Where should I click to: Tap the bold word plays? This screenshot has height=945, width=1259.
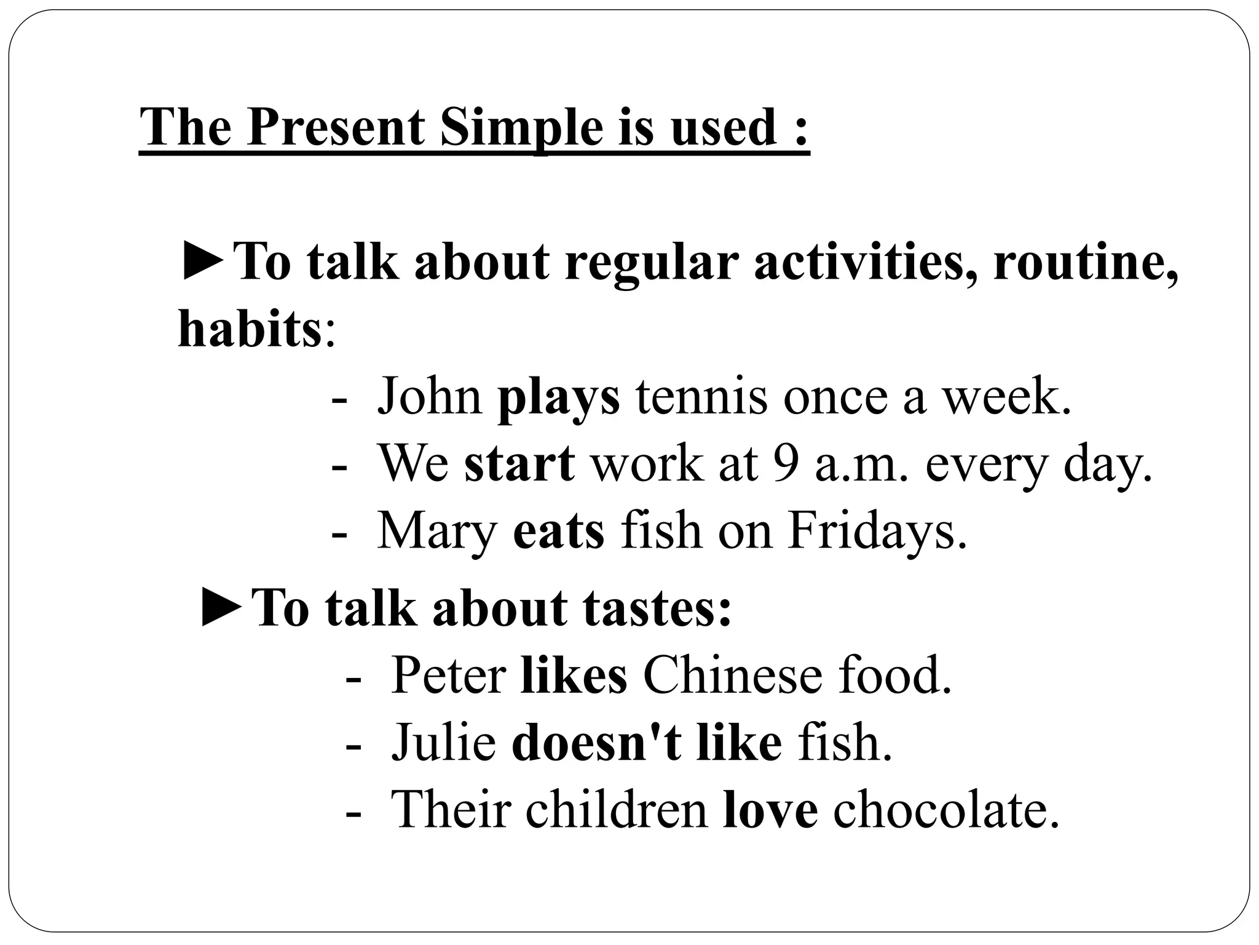point(558,397)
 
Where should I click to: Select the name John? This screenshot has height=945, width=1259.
point(430,397)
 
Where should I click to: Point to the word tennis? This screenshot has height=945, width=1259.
point(701,397)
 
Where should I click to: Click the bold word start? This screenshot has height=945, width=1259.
point(519,464)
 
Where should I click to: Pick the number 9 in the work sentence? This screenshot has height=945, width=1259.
point(786,464)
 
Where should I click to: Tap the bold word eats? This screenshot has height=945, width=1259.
point(558,531)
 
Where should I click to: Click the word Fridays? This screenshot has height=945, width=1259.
point(877,531)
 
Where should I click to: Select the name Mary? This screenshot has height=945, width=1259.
point(437,531)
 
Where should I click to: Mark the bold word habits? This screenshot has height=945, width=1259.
point(249,329)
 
